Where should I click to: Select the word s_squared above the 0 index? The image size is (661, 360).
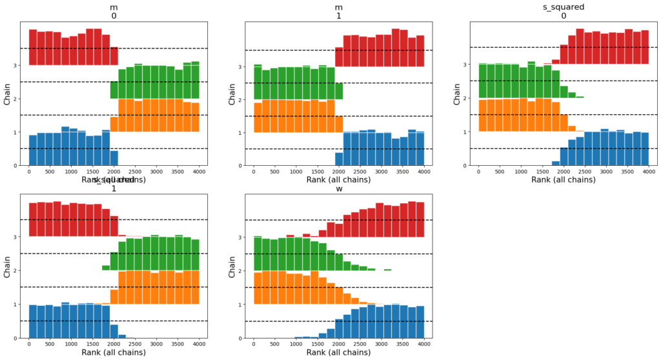[x=564, y=6]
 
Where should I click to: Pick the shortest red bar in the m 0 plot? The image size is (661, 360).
[x=114, y=56]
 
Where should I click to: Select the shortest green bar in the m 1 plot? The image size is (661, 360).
[x=339, y=91]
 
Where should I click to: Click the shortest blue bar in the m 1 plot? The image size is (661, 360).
[x=339, y=159]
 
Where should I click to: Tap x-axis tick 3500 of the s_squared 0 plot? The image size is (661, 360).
[x=625, y=172]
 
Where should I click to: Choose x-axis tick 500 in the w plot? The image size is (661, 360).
[x=274, y=345]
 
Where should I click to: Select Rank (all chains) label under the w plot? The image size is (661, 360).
[x=339, y=354]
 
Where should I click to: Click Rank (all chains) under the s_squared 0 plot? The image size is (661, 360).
[x=564, y=181]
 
